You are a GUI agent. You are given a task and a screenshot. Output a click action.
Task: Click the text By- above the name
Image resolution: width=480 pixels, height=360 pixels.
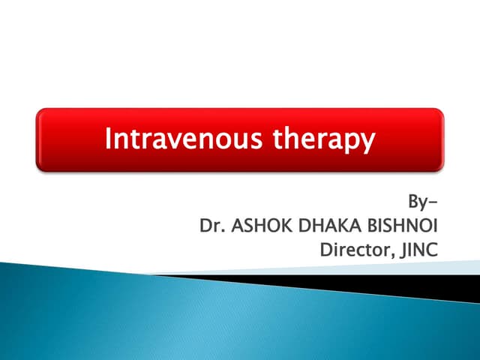click(x=421, y=201)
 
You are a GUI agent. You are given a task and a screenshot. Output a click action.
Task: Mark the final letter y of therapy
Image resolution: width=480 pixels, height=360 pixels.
click(x=365, y=142)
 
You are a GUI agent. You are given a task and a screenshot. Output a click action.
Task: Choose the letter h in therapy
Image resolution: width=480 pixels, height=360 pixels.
click(x=281, y=138)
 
